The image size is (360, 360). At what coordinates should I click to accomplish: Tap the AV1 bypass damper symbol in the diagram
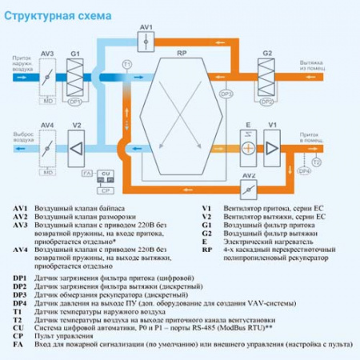pos(144,42)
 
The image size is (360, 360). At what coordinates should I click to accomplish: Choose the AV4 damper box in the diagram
pos(47,149)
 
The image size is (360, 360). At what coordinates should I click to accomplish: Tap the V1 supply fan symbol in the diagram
pos(272,149)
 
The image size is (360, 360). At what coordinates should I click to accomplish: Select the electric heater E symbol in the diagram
pos(249,149)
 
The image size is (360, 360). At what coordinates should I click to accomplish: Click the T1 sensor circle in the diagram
pos(126,63)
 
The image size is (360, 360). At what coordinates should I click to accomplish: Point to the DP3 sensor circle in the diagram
pos(226,94)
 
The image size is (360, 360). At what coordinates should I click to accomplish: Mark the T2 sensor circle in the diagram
pos(317,162)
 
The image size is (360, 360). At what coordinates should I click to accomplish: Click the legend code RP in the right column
pos(207,251)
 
